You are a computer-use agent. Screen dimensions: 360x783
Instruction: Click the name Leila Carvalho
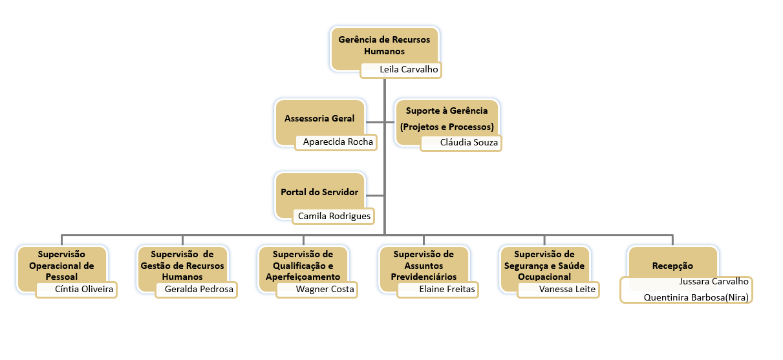(x=409, y=69)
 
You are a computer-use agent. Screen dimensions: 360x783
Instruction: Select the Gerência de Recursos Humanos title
(x=384, y=45)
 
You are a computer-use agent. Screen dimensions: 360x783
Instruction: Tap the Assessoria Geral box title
(x=319, y=119)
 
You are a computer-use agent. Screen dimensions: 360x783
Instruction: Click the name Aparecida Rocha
(x=338, y=142)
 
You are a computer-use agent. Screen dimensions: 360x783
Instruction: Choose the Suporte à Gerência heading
(x=447, y=111)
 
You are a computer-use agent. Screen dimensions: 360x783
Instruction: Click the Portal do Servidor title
(x=319, y=192)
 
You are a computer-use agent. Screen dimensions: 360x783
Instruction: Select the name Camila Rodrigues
(x=334, y=216)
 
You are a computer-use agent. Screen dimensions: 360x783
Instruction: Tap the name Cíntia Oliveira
(x=84, y=289)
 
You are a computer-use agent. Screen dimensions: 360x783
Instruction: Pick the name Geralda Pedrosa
(x=199, y=289)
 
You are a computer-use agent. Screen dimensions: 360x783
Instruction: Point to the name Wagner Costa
(x=325, y=289)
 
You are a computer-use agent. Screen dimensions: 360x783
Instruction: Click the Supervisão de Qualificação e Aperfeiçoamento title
(x=303, y=265)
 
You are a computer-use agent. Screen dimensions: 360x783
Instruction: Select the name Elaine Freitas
(x=447, y=289)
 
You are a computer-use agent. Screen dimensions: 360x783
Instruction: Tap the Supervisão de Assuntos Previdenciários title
(x=424, y=265)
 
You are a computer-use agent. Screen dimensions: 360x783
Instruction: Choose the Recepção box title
(x=672, y=266)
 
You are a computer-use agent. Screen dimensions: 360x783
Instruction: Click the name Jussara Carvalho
(x=713, y=281)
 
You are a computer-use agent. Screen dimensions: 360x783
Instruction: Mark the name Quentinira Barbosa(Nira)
(x=696, y=297)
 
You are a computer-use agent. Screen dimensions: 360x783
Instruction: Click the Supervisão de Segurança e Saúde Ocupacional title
(x=544, y=265)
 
